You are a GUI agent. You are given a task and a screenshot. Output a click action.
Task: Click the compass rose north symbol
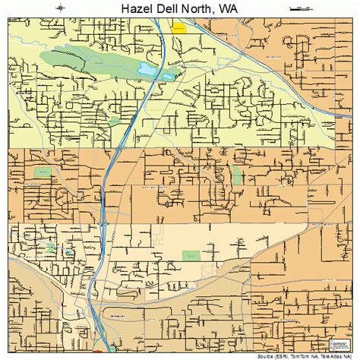click(58, 8)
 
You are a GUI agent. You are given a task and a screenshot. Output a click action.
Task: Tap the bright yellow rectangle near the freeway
click(179, 30)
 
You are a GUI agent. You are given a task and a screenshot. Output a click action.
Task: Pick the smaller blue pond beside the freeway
click(172, 74)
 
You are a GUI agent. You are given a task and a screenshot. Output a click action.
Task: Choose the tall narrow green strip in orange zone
click(237, 175)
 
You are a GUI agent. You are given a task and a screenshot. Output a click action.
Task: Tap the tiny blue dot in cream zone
click(69, 252)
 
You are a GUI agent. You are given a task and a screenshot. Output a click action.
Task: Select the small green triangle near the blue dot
click(52, 248)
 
